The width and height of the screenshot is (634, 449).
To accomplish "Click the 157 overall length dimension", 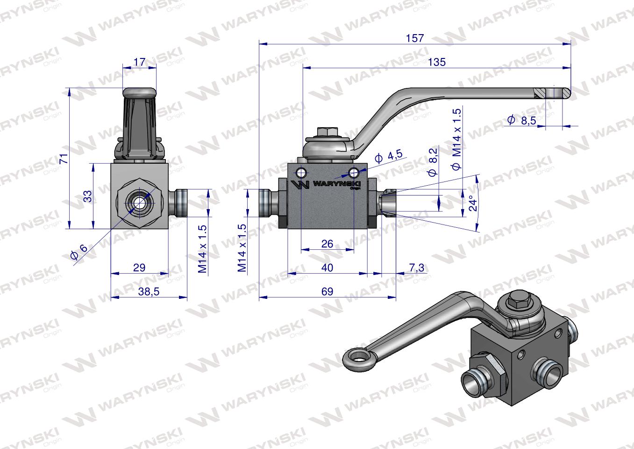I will (x=414, y=38).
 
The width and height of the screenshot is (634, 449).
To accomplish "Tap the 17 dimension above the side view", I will (x=139, y=62).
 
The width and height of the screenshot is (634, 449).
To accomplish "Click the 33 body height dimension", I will (x=87, y=196).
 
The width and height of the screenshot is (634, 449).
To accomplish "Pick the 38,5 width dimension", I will (x=149, y=291).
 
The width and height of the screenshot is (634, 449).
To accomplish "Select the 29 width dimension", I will (x=139, y=268).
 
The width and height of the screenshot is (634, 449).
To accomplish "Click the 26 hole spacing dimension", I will (x=328, y=244).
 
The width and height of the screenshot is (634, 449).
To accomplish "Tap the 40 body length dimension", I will (x=328, y=268).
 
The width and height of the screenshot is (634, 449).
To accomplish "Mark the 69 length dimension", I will (x=328, y=291).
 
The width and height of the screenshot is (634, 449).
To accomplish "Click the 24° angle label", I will (x=473, y=203).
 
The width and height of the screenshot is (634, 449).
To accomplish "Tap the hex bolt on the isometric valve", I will (x=520, y=302).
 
